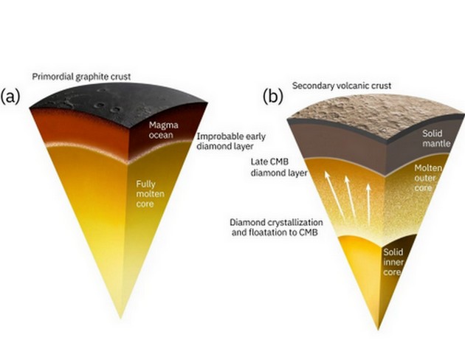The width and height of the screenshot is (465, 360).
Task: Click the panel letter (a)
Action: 10,97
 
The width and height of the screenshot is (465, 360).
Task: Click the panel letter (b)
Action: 273,97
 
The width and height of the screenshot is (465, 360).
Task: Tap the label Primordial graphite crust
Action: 81,77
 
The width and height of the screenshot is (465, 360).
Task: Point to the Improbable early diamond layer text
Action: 231,142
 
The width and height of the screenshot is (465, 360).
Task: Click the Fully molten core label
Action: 150,194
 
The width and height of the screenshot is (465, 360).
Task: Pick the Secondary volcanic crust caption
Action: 342,86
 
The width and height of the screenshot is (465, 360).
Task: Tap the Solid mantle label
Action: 436,139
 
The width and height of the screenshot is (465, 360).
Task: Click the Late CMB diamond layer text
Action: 279,167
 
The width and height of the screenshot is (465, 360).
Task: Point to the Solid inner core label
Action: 393,262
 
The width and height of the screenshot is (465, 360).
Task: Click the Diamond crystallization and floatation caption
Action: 276,227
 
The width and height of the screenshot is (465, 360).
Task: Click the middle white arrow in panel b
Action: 350,195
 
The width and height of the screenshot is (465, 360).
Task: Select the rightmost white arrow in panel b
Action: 368,204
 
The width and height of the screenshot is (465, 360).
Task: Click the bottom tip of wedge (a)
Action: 120,319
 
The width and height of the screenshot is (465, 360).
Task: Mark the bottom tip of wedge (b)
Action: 378,329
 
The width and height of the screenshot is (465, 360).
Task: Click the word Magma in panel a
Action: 163,125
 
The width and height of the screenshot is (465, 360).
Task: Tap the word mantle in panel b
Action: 436,144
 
